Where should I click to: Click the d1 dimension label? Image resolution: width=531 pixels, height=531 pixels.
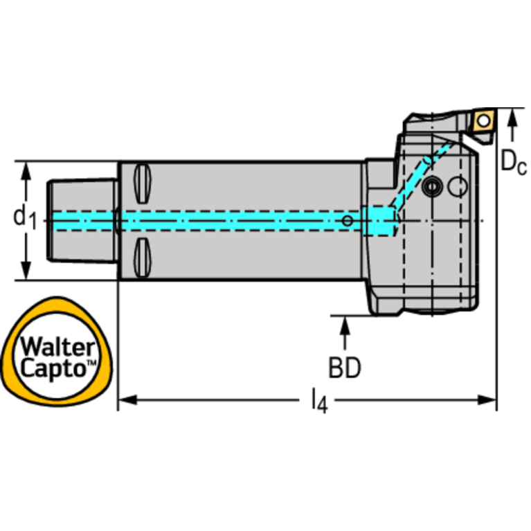[24, 218]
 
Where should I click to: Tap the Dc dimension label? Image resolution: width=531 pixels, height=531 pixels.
[513, 163]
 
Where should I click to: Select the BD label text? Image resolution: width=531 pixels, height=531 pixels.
[344, 368]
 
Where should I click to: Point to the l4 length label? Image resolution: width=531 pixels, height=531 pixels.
[318, 399]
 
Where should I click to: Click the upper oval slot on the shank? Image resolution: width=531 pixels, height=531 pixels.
[142, 181]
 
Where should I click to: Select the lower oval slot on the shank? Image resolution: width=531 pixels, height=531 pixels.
[142, 258]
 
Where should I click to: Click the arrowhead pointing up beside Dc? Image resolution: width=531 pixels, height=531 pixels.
[512, 119]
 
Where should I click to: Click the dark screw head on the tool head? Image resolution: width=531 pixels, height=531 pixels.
[434, 186]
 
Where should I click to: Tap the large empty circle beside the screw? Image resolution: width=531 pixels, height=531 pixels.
[458, 186]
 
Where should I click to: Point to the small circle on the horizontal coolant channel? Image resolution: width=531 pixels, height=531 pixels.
[348, 220]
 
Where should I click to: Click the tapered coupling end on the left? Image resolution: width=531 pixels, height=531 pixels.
[82, 220]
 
